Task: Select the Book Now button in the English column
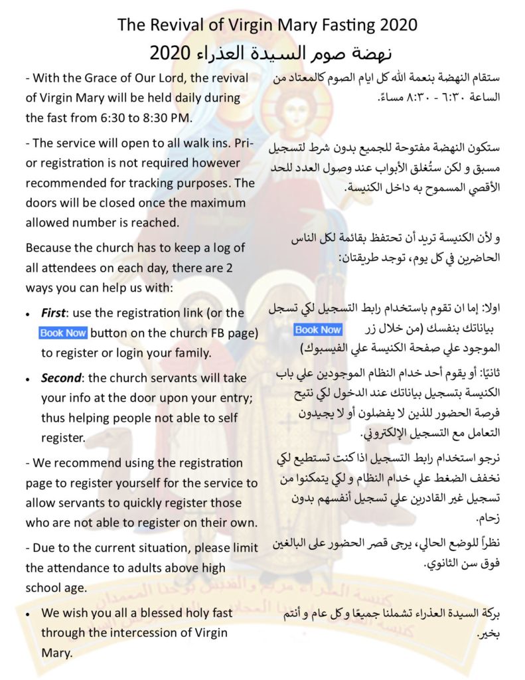(63, 333)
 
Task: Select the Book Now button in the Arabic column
(318, 329)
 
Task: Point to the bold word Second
(61, 378)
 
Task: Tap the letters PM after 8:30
(184, 118)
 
